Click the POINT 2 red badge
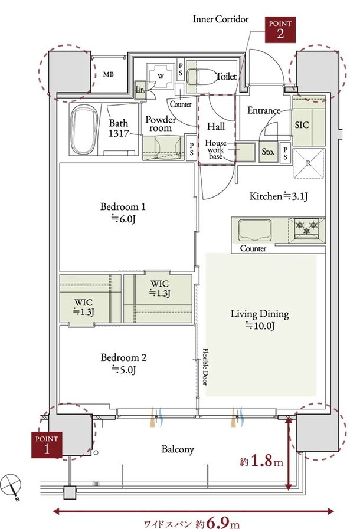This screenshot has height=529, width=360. (280, 29)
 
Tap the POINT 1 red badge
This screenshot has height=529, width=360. (47, 445)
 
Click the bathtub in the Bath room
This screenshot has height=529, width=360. (84, 130)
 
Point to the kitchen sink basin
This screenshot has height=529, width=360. (255, 231)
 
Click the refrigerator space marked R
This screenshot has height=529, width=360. (309, 163)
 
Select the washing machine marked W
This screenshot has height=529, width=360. (161, 76)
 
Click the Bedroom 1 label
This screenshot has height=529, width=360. (123, 212)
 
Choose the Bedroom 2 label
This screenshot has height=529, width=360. (123, 364)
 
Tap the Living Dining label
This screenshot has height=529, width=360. (260, 320)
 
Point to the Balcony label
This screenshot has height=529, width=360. (178, 449)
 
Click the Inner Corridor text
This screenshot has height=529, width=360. (221, 19)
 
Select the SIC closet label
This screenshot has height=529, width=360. (302, 125)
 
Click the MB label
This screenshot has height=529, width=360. (109, 74)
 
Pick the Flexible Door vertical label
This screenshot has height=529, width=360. (205, 366)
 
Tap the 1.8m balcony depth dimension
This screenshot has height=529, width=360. (261, 461)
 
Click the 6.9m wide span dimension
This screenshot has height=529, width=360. (192, 523)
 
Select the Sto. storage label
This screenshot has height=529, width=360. (268, 152)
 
